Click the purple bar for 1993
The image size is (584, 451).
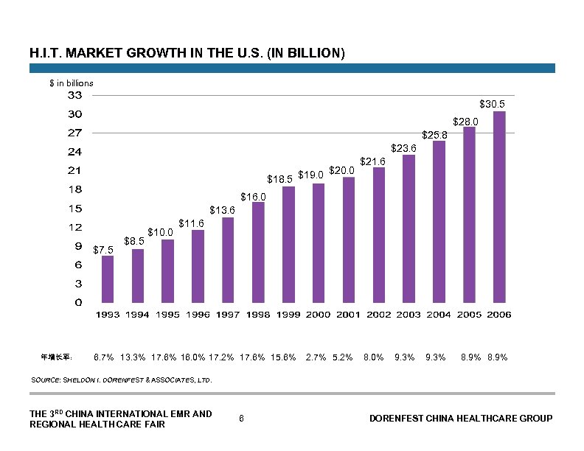coord(108,279)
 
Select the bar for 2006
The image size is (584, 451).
coord(499,206)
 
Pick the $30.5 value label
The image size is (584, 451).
coord(492,105)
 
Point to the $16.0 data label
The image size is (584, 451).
coord(253,197)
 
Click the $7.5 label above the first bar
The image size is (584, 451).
coord(104,251)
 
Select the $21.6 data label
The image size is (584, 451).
coord(372,161)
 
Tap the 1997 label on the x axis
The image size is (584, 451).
coord(228,315)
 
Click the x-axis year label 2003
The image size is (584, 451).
coord(409,315)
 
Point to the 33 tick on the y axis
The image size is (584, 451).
coord(75,96)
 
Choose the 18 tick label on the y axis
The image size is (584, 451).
coord(75,189)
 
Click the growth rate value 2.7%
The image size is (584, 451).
coord(316,357)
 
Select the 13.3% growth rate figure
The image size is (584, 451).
coord(133,357)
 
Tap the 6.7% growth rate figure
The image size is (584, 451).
coord(103,357)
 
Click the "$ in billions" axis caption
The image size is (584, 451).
coord(71,83)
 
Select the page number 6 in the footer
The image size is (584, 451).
coord(242,419)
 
